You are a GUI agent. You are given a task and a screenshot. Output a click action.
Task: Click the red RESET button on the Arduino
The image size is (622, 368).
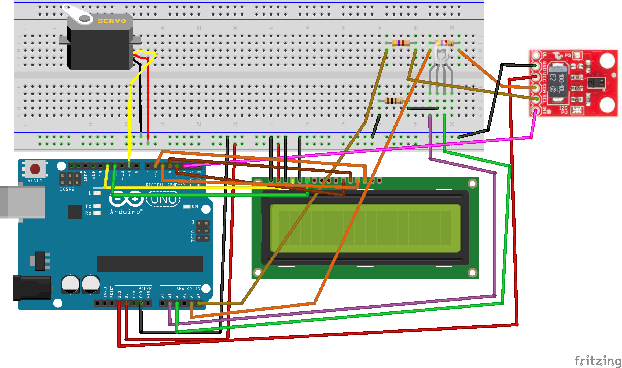click(35, 169)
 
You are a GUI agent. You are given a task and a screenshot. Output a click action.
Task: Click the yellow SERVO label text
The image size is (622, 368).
click(112, 21)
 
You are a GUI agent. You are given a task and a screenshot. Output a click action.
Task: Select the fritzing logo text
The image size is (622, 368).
click(598, 361)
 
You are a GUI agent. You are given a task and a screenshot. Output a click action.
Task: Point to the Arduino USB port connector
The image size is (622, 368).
click(23, 202)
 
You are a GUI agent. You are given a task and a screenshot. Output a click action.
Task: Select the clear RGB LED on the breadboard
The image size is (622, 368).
click(441, 55)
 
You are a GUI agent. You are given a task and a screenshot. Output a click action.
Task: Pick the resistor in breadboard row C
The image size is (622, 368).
click(393, 101)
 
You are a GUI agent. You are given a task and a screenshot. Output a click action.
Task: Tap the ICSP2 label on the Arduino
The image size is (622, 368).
click(67, 189)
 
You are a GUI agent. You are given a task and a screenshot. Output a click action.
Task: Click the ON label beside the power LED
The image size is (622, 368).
click(195, 206)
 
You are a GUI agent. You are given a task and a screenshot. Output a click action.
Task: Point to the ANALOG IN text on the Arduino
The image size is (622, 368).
click(188, 288)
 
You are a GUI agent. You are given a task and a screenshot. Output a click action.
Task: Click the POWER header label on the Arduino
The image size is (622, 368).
click(145, 288)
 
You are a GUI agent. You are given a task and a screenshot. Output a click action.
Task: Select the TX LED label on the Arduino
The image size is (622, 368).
click(88, 206)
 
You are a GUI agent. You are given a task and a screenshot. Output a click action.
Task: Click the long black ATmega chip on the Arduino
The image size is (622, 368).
click(150, 264)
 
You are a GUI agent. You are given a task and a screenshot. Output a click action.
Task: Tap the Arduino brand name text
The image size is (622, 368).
click(125, 212)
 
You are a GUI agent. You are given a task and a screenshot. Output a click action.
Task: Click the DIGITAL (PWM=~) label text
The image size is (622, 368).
click(165, 185)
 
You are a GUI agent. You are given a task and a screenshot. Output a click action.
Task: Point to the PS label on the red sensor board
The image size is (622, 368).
click(568, 55)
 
